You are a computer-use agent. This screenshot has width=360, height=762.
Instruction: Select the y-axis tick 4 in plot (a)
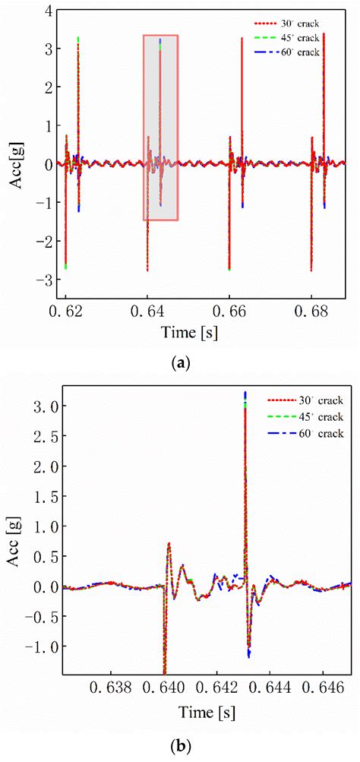(49, 11)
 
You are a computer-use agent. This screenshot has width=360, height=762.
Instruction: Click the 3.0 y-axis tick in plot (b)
(44, 408)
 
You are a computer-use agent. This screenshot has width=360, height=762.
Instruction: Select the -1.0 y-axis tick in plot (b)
(41, 647)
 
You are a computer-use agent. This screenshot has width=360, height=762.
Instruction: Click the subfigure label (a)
(180, 365)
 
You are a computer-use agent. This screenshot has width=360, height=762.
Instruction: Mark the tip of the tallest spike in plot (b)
(245, 394)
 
